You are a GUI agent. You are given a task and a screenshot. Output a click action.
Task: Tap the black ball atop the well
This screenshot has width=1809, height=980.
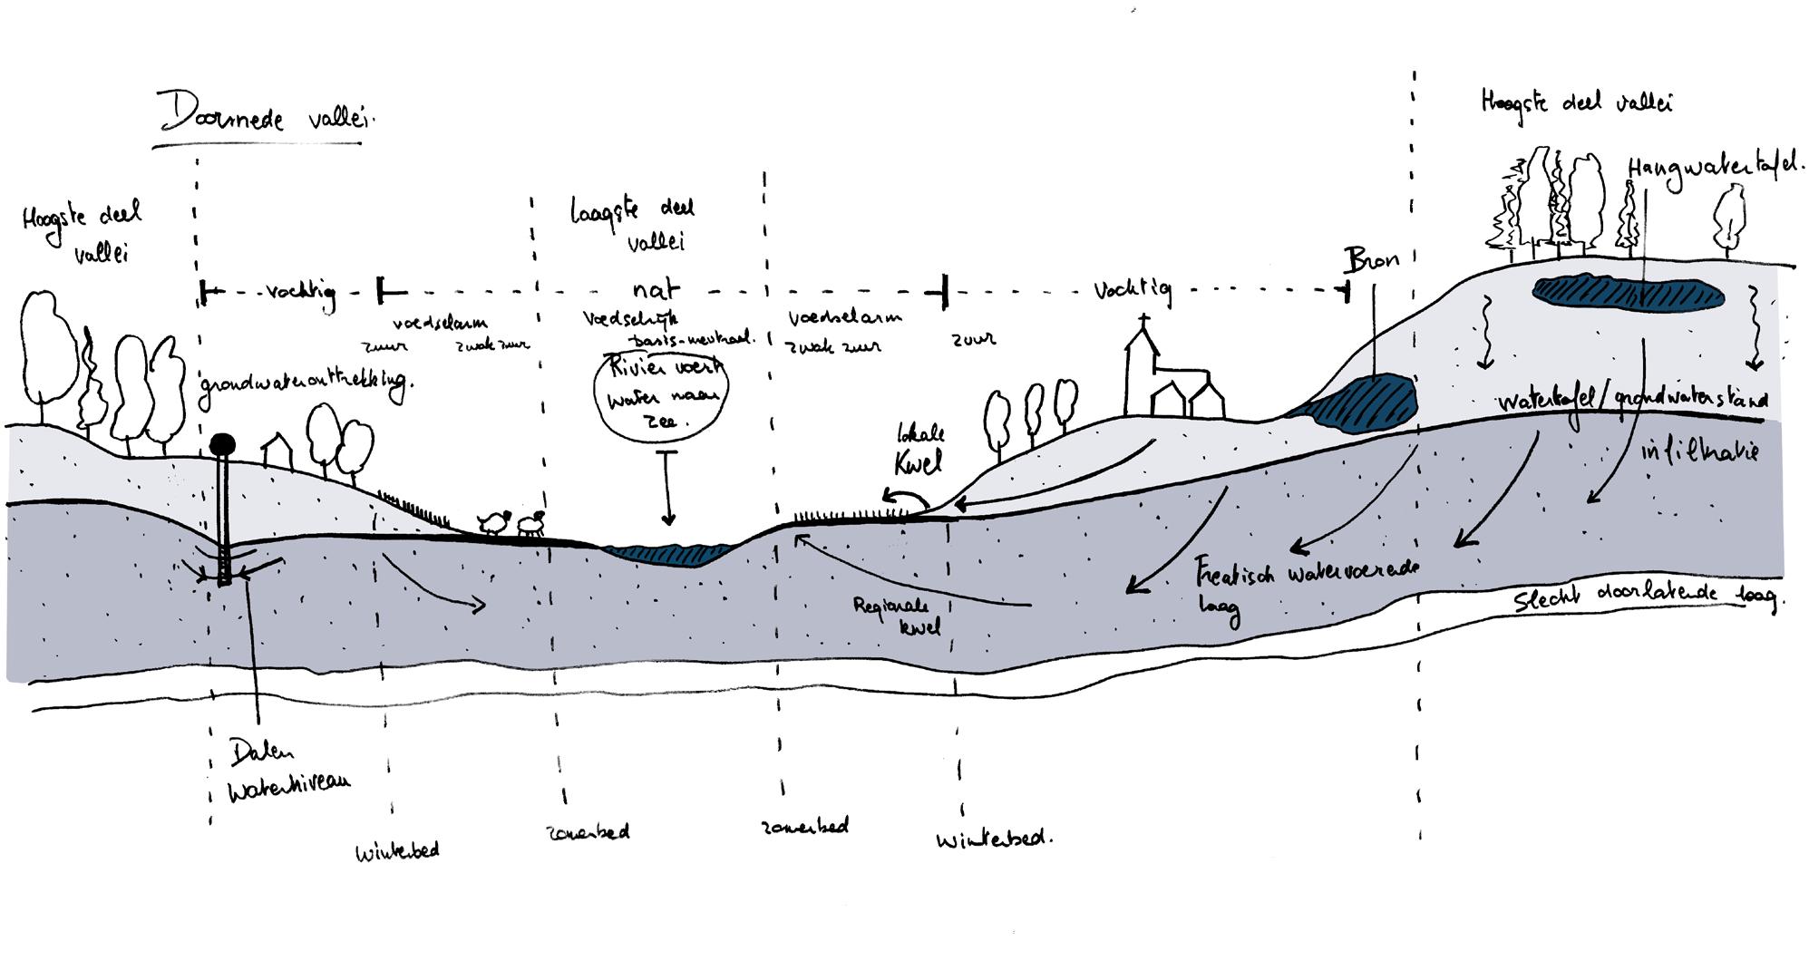[222, 444]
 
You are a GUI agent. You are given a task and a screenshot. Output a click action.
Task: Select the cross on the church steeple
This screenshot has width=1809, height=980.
[1144, 321]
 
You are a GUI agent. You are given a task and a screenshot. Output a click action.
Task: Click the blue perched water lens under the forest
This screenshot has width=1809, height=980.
[1628, 292]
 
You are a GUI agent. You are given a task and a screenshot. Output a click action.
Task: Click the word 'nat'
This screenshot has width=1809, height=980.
[656, 290]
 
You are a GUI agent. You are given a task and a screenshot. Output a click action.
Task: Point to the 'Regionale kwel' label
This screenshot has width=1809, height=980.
[899, 614]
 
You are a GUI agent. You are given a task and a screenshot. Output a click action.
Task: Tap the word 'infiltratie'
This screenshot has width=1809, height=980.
[1698, 450]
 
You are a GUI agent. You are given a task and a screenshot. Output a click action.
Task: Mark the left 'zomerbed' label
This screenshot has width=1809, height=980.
[588, 831]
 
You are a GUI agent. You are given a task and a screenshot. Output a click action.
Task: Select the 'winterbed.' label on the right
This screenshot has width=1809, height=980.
[994, 839]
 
